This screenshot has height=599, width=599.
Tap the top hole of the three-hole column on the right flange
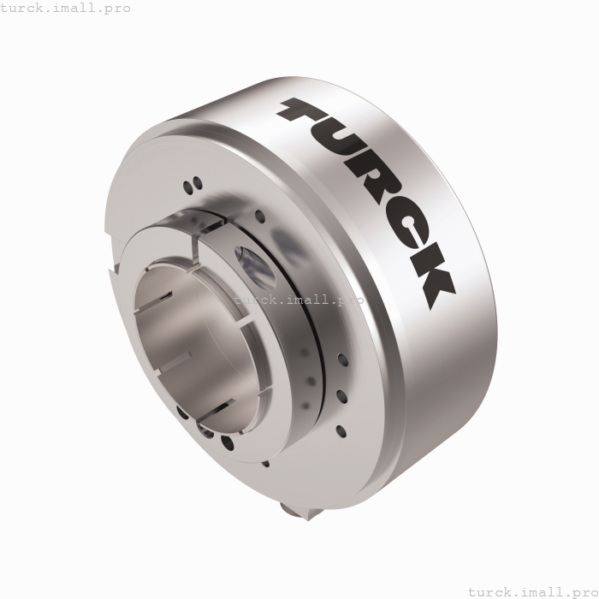pos(341,360)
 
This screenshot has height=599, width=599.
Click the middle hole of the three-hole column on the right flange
pos(341,395)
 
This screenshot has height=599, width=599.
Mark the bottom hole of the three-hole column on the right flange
pos(340,430)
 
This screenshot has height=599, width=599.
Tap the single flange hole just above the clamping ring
pos(258,215)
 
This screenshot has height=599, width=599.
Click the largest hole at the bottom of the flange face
pos(227,442)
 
